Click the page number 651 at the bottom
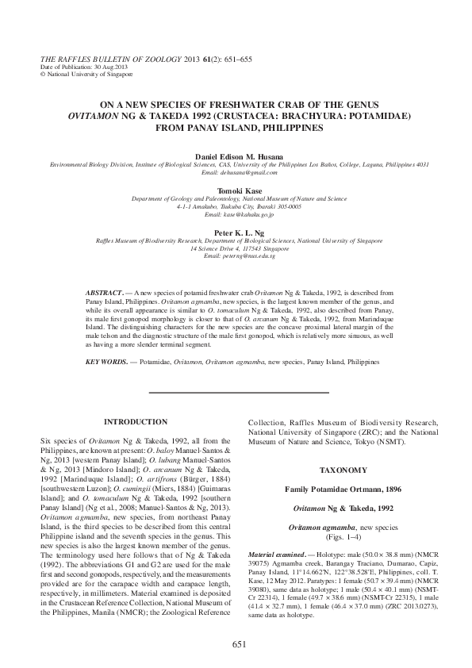(236, 646)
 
